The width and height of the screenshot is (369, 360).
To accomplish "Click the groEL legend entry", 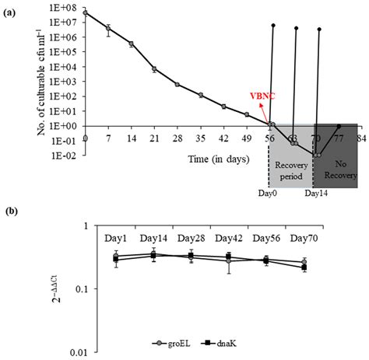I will coord(181,342).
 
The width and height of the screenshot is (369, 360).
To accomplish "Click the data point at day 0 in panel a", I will coord(86,12).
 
